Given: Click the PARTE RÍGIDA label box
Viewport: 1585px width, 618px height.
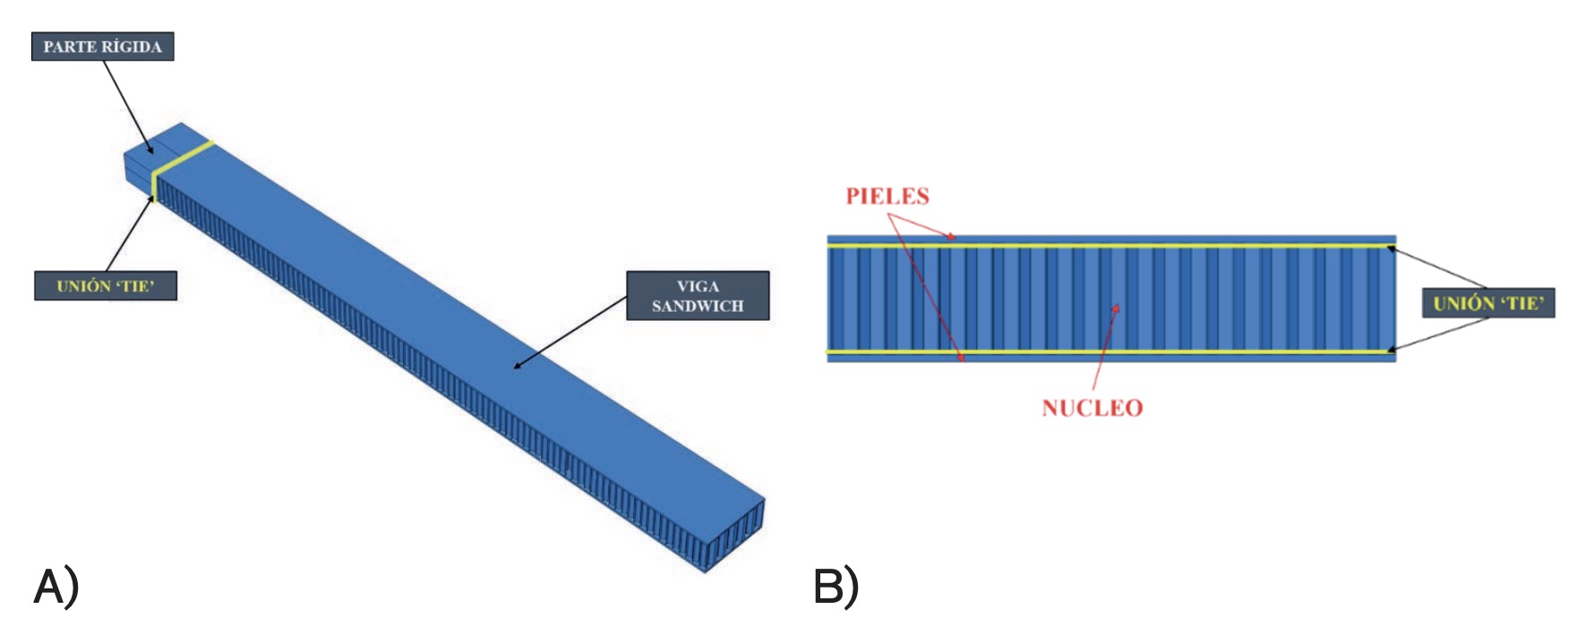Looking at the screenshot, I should (102, 47).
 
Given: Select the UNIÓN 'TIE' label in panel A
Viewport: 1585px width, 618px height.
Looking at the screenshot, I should (105, 286).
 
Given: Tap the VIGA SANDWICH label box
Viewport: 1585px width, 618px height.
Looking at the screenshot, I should (697, 296).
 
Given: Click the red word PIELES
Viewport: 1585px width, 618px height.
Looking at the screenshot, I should (887, 196).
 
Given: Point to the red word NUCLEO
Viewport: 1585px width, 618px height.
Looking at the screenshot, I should (1092, 408).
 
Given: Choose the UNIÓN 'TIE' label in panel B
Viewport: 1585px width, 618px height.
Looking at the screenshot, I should (1487, 303).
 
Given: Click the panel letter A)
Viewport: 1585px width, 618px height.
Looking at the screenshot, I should (56, 588).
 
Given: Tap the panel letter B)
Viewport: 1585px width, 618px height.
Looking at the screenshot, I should (835, 588).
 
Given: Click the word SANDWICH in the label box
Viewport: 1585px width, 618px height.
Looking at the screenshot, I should (698, 306).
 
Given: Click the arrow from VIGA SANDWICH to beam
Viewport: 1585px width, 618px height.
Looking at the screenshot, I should (570, 332).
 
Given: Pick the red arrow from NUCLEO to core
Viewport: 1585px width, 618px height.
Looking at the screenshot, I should (1104, 349).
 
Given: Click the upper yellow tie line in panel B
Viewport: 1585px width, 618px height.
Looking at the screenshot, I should (1110, 245).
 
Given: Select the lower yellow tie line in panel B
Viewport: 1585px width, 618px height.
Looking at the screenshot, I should (1110, 351).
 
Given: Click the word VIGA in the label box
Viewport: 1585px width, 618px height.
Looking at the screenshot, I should (698, 287).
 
